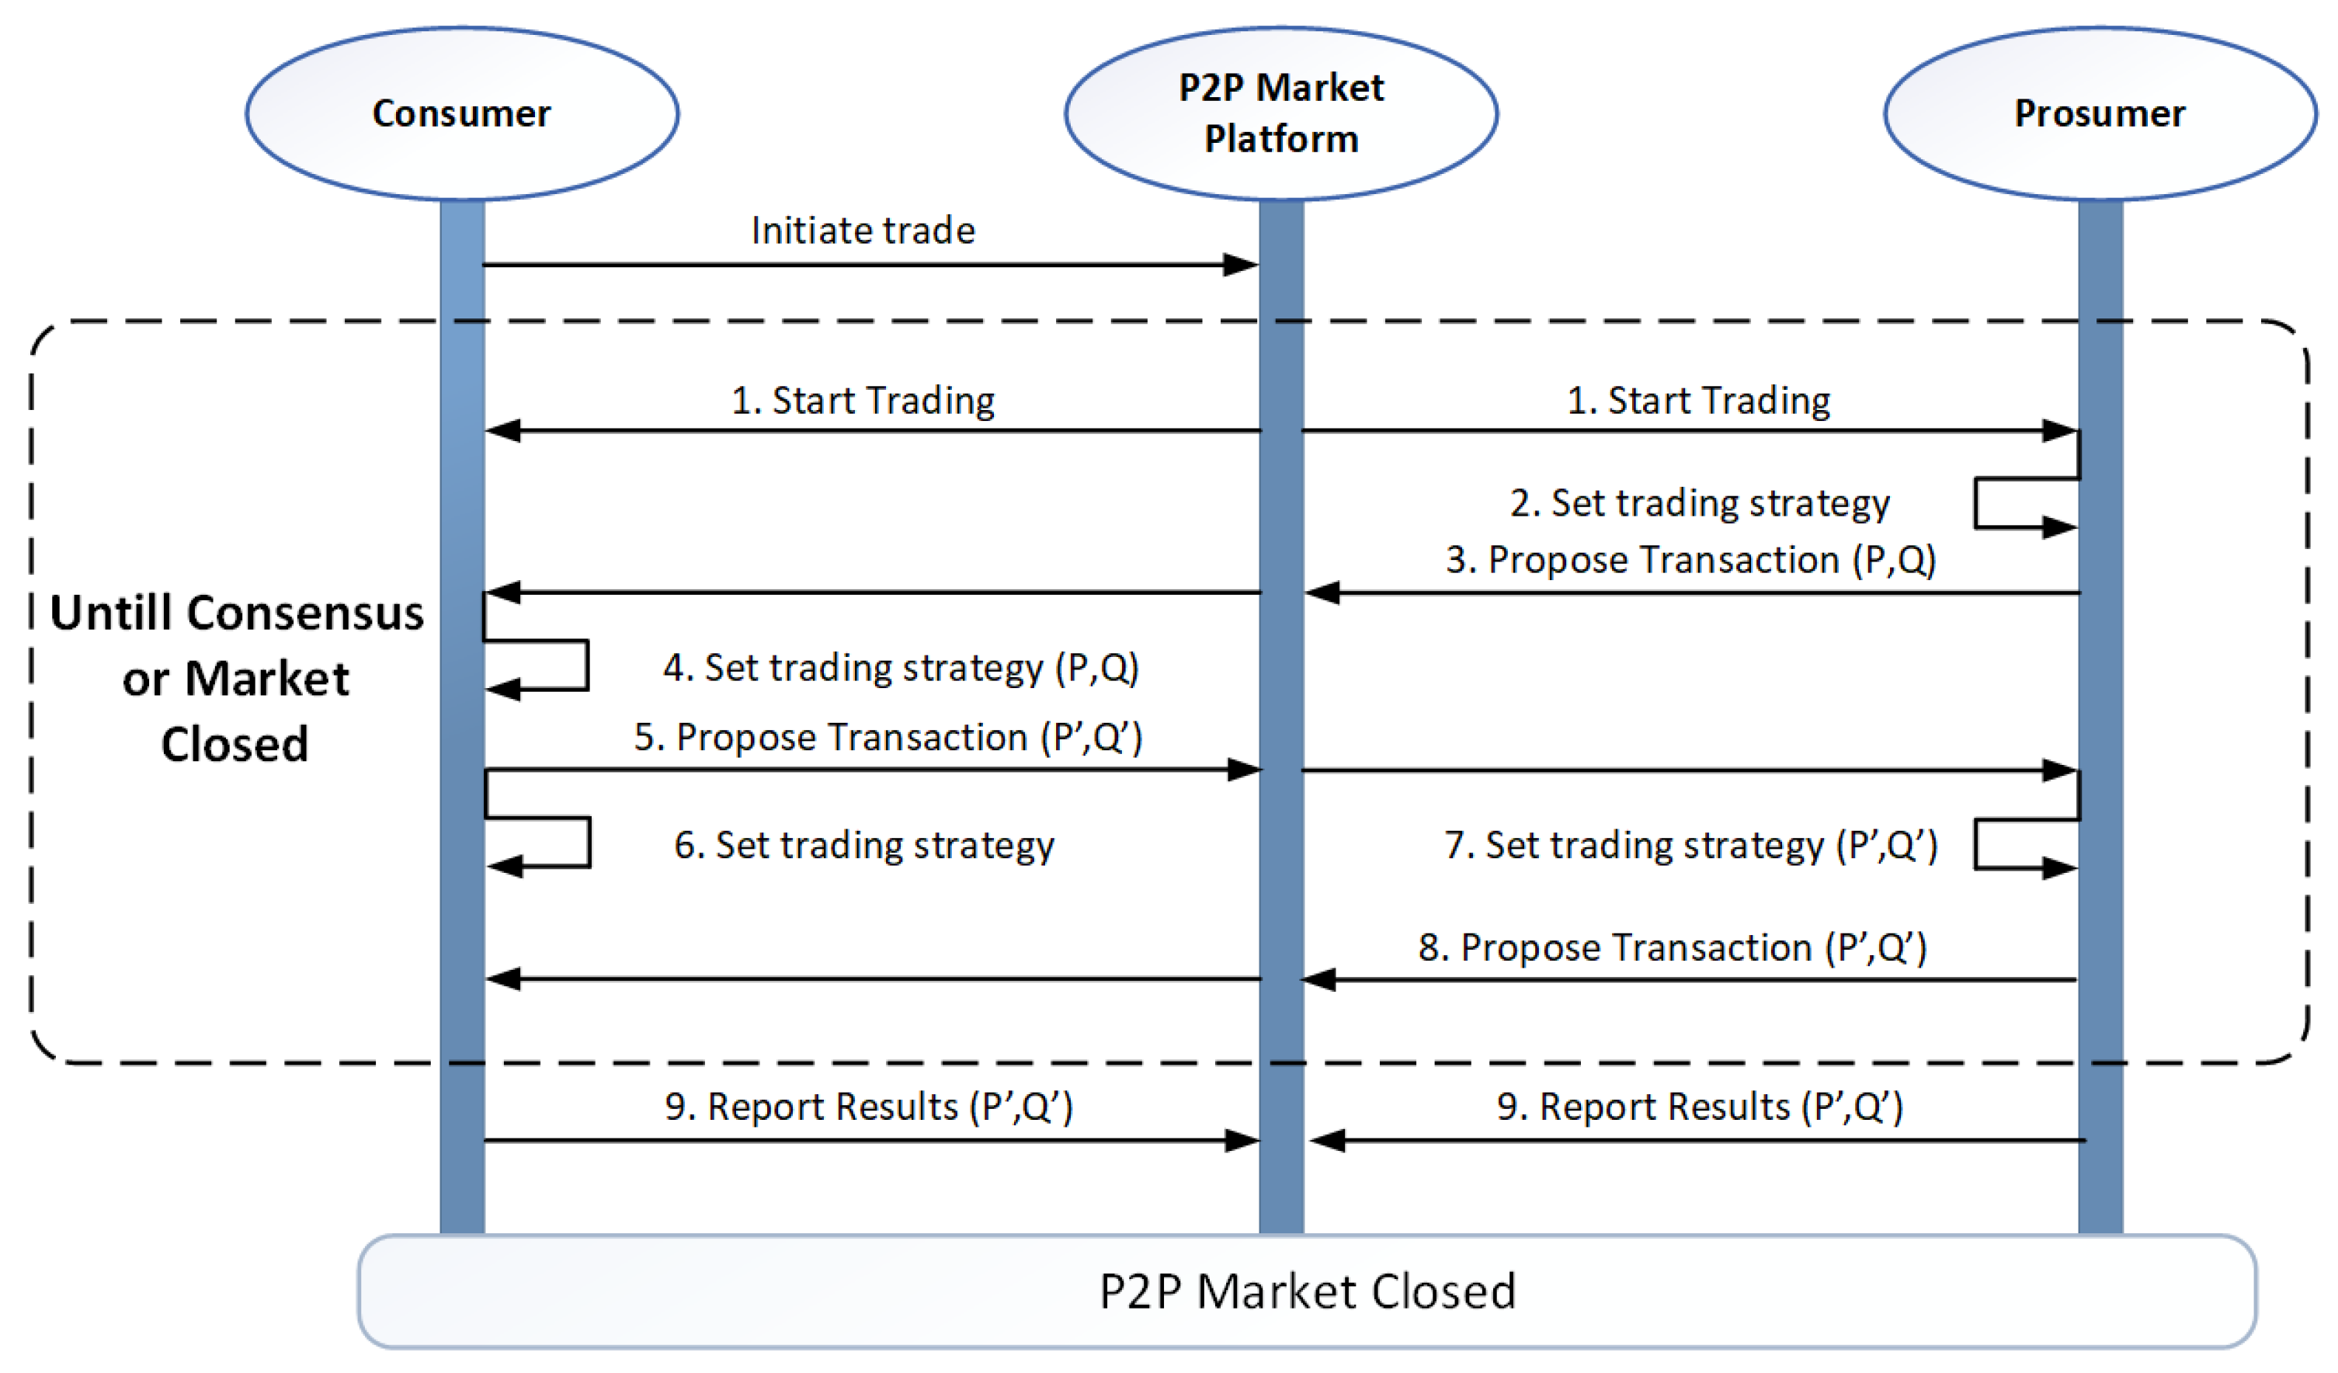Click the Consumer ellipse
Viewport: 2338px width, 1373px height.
point(461,113)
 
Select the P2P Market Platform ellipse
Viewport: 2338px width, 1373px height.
point(1280,113)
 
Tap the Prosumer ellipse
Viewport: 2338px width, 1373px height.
point(2099,113)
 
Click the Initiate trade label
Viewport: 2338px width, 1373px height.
point(863,230)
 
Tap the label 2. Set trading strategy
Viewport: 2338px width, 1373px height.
point(1700,502)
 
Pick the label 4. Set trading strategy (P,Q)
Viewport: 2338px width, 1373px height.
point(901,667)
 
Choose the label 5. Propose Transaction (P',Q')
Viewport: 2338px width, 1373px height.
point(888,737)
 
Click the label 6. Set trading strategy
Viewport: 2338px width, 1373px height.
point(863,844)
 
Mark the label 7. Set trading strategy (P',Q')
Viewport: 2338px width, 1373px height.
point(1690,844)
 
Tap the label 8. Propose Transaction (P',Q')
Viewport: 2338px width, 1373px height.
point(1673,947)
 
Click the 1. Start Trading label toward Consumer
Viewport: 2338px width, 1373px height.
point(863,400)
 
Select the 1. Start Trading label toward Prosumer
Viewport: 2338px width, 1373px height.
point(1698,400)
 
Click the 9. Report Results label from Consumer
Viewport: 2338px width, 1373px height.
point(868,1107)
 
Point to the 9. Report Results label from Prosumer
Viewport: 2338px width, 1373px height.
point(1700,1107)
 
